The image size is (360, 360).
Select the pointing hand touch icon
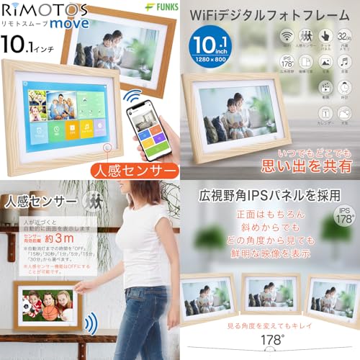325,35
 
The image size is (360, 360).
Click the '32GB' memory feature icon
346,35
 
